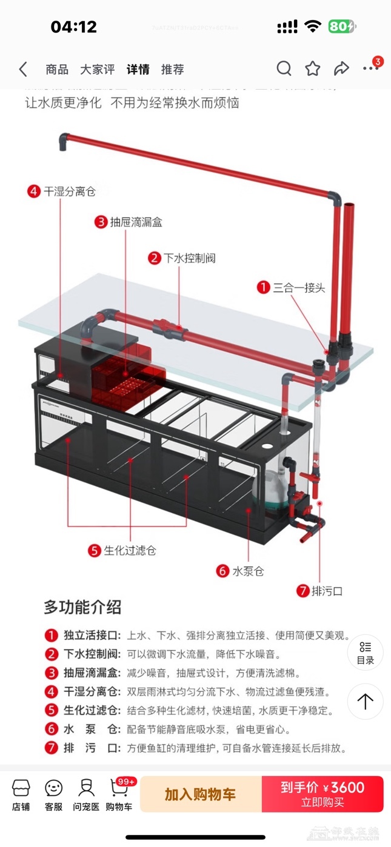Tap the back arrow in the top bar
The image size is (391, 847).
pyautogui.click(x=23, y=69)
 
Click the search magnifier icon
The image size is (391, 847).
pyautogui.click(x=284, y=68)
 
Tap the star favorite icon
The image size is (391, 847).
pyautogui.click(x=313, y=68)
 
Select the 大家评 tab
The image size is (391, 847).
pyautogui.click(x=98, y=69)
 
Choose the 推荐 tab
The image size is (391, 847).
pyautogui.click(x=172, y=69)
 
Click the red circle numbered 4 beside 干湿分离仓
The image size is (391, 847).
pyautogui.click(x=34, y=191)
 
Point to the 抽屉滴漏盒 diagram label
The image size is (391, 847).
pyautogui.click(x=136, y=222)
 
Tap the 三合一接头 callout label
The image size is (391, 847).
pyautogui.click(x=299, y=287)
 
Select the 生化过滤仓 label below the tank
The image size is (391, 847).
pyautogui.click(x=130, y=550)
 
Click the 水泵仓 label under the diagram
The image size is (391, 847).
pyautogui.click(x=248, y=571)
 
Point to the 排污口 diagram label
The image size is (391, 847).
pyautogui.click(x=327, y=590)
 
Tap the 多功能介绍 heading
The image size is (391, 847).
pyautogui.click(x=82, y=606)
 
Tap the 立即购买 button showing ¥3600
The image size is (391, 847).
pyautogui.click(x=322, y=794)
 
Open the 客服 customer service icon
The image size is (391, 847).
pyautogui.click(x=53, y=794)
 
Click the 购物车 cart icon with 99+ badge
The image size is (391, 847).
pyautogui.click(x=119, y=794)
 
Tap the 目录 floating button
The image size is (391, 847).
pyautogui.click(x=365, y=652)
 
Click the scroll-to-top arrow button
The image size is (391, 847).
pyautogui.click(x=365, y=702)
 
